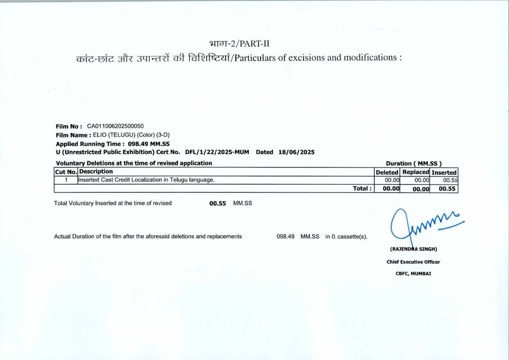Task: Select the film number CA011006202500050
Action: click(116, 126)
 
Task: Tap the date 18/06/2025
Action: click(297, 152)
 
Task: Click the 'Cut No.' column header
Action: click(66, 172)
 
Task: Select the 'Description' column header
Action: click(96, 172)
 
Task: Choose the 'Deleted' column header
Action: click(387, 172)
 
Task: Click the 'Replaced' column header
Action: click(415, 172)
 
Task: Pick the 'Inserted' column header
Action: click(444, 172)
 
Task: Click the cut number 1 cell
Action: click(66, 180)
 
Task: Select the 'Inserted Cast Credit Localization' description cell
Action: click(146, 180)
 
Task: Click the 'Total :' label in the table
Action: click(362, 188)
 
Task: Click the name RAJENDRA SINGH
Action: click(413, 249)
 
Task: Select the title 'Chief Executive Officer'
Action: click(413, 262)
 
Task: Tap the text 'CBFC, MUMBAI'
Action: click(413, 273)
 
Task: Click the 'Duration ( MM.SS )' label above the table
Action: click(410, 163)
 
